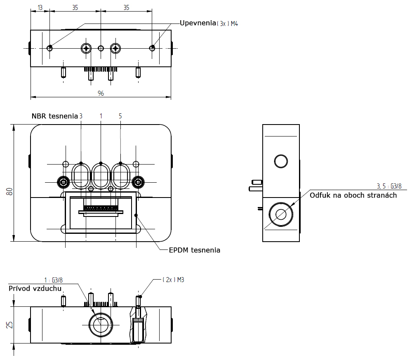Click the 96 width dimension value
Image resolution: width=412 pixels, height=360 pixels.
tap(101, 93)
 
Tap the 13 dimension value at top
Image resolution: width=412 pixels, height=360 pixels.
tap(40, 7)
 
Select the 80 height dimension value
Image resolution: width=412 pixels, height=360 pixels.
tap(9, 192)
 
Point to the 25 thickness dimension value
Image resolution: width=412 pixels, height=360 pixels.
tap(9, 325)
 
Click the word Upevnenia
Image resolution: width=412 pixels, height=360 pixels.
tap(198, 23)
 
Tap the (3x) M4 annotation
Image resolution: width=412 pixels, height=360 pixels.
tap(228, 24)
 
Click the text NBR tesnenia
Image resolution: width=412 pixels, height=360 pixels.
tap(55, 116)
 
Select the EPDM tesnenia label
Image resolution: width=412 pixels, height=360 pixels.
tap(194, 250)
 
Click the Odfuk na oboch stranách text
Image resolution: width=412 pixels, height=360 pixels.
tap(353, 195)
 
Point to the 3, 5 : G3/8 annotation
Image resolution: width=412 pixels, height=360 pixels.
tap(389, 186)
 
